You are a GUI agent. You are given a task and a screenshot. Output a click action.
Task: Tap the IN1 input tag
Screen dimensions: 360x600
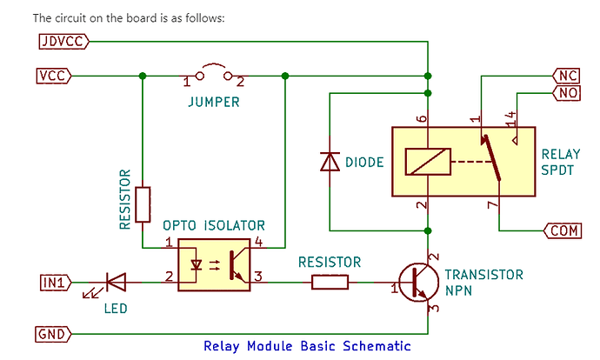click(x=55, y=281)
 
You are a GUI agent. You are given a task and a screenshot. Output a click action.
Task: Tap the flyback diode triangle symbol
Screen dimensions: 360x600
click(x=330, y=162)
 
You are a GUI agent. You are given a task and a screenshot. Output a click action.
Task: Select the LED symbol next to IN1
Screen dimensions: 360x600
click(x=114, y=281)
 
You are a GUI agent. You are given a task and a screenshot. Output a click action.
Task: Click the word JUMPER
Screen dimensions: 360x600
click(x=214, y=101)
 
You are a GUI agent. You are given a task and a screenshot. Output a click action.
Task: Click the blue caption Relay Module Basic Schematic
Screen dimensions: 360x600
click(x=306, y=345)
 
